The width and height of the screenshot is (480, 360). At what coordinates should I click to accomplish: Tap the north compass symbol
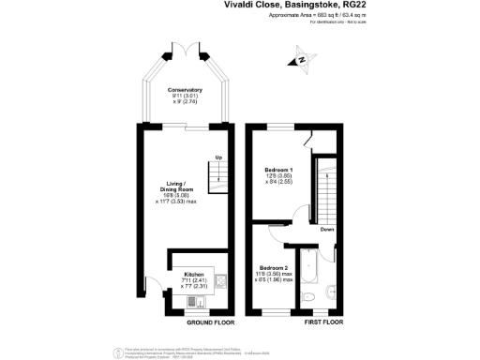click(302, 61)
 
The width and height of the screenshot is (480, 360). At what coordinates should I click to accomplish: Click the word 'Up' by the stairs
click(218, 157)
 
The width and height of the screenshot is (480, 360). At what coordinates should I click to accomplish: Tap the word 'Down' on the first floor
click(326, 228)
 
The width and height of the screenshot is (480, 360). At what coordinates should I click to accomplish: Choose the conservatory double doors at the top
click(186, 49)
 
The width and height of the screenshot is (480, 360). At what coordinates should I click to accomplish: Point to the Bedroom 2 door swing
click(277, 237)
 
